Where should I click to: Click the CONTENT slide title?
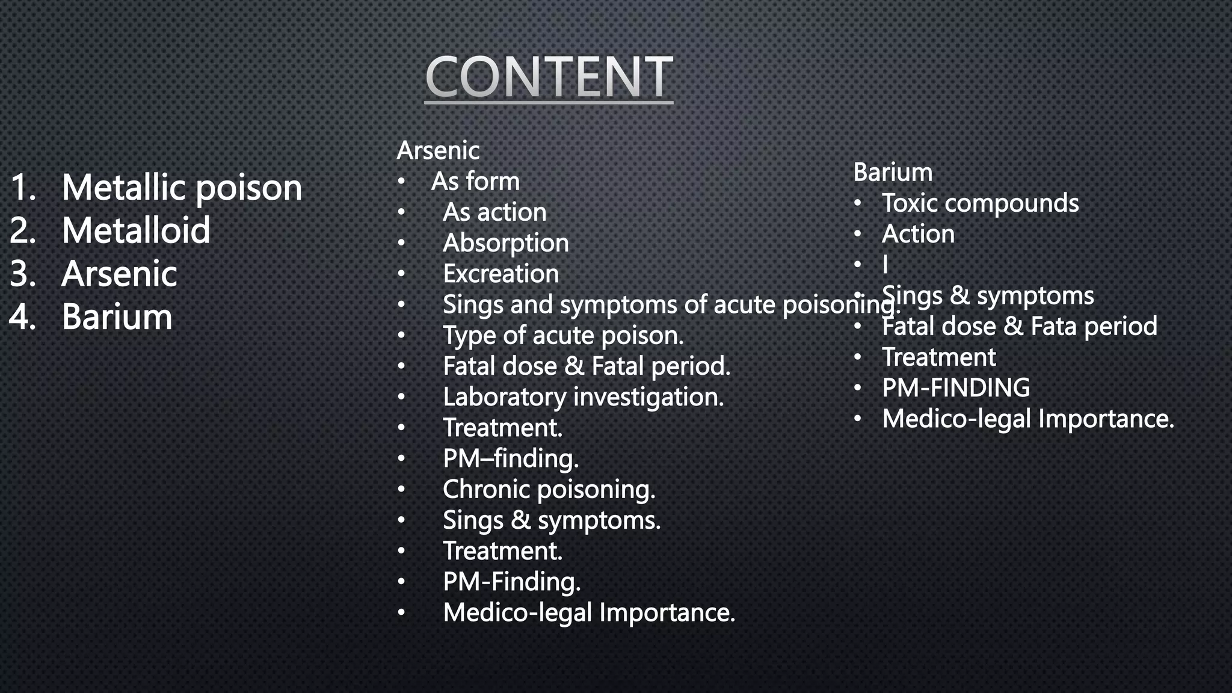(x=549, y=76)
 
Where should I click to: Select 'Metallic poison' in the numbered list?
(x=182, y=188)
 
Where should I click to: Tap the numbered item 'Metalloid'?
(x=136, y=230)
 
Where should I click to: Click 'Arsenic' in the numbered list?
(x=119, y=274)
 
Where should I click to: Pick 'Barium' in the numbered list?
(x=117, y=317)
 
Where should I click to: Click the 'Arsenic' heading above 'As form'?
(x=438, y=150)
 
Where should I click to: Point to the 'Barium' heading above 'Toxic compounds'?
(x=893, y=173)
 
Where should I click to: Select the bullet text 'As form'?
(x=475, y=181)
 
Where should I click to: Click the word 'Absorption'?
(x=505, y=243)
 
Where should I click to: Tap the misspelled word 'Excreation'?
(x=500, y=274)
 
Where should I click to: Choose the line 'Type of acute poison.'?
(x=563, y=336)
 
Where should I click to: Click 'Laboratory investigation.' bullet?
(x=583, y=397)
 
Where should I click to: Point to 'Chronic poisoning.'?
(x=549, y=490)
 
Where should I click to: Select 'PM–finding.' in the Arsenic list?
(x=511, y=459)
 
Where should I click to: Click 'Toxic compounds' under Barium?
(x=980, y=203)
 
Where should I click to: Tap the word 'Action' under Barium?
(x=918, y=234)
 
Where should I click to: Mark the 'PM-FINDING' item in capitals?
(x=956, y=388)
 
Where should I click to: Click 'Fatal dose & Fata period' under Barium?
(x=1019, y=327)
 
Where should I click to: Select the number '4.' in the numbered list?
(x=23, y=317)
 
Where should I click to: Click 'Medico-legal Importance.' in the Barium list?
(x=1027, y=419)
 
